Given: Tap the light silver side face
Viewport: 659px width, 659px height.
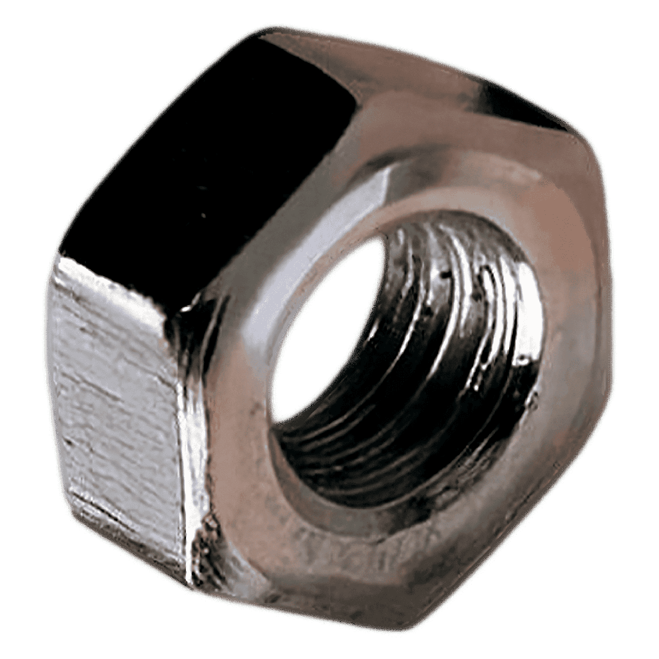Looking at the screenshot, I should [116, 399].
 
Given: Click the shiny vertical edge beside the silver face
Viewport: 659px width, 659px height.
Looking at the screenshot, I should [193, 450].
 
